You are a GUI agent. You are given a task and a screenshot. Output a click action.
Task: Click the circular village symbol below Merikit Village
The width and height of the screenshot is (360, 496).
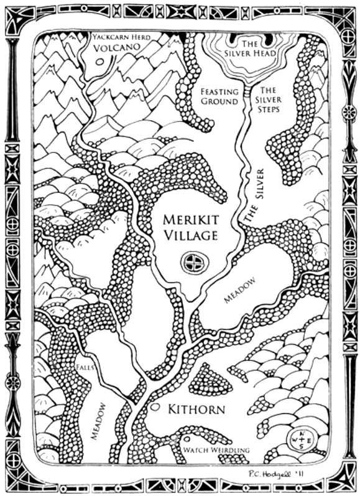point(194,262)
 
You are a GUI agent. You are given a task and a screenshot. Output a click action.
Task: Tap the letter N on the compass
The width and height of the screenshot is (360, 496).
point(302,434)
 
